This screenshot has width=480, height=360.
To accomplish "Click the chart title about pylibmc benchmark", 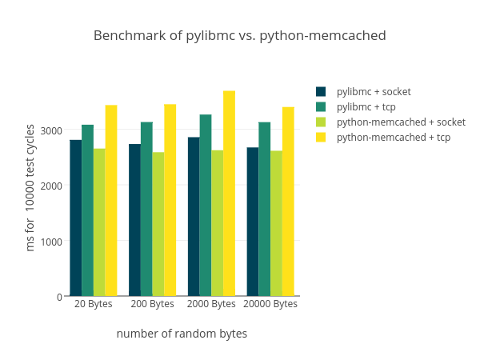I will coord(239,36).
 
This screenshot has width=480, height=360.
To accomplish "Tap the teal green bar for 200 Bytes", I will coord(146,209).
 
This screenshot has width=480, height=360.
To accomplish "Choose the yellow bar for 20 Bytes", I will coord(111,201).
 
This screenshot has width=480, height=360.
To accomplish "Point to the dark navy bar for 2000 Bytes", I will coord(194,216).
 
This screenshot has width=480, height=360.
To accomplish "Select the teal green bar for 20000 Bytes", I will coord(264,209).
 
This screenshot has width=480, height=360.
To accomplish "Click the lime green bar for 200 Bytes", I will coord(158,224).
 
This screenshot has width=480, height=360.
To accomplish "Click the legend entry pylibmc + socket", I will coord(374,92).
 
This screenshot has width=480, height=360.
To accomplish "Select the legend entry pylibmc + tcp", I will coord(366,107).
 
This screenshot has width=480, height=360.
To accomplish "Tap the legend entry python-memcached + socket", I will coord(401,122).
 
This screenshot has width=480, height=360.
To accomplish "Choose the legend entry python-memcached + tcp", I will coord(393,138).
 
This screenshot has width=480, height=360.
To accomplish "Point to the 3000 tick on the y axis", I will coord(52,130).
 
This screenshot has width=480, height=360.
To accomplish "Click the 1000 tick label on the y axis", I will coord(52,242).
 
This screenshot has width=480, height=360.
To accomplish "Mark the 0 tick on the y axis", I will coord(59,297).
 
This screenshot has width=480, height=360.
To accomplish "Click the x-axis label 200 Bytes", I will coord(152,305).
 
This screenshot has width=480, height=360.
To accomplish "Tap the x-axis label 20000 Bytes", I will coord(270,305).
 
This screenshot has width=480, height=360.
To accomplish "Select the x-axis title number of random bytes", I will coord(182,334).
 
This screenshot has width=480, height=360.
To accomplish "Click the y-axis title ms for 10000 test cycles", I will coord(30,187).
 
